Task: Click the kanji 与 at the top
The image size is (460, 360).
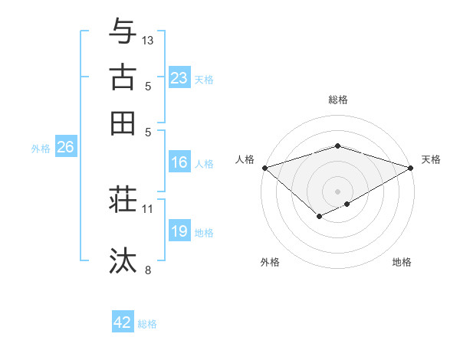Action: (123, 31)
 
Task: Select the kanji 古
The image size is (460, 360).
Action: (123, 77)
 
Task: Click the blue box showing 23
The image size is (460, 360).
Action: (179, 78)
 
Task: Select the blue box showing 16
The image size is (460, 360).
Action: (179, 162)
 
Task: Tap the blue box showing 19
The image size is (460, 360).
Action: (179, 231)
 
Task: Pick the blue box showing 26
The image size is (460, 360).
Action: (65, 148)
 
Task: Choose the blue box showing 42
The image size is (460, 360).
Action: (123, 322)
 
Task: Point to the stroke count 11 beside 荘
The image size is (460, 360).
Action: (148, 208)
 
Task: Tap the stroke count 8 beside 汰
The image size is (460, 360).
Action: (148, 270)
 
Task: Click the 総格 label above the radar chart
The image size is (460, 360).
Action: (337, 100)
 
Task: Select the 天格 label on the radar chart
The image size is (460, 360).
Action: (431, 159)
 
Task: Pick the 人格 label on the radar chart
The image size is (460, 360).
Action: (245, 159)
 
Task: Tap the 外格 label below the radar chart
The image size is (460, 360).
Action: (270, 262)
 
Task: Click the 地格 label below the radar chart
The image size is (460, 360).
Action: (402, 262)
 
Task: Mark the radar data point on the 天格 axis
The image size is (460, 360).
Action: (412, 167)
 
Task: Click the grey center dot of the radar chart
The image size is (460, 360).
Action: (337, 191)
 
